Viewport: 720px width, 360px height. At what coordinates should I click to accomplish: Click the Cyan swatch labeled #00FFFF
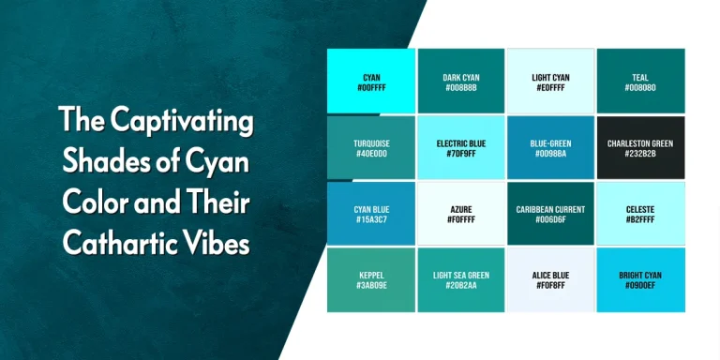click(370, 82)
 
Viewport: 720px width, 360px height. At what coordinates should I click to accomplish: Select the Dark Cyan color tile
click(460, 82)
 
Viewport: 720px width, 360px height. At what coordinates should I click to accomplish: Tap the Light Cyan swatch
click(550, 82)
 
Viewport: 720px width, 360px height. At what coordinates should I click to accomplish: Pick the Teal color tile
click(640, 82)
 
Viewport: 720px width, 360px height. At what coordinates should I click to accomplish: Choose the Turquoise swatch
click(370, 148)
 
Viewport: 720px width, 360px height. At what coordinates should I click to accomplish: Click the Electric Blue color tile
click(460, 148)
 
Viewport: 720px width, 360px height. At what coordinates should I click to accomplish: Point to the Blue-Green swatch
click(550, 148)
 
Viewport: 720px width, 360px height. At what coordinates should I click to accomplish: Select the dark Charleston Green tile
click(640, 148)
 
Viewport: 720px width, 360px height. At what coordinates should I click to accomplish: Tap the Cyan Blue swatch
click(370, 214)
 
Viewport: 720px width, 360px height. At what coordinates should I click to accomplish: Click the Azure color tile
click(460, 214)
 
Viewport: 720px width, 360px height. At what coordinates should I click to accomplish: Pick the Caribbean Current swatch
click(550, 214)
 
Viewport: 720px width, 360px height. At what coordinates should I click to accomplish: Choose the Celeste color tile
click(640, 214)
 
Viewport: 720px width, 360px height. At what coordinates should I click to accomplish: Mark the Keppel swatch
click(370, 279)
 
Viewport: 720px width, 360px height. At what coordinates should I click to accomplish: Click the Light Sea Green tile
click(460, 279)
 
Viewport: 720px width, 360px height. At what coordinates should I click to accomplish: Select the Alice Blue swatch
click(550, 279)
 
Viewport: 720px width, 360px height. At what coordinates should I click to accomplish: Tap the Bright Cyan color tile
click(640, 279)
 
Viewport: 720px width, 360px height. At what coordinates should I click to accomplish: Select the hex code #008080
click(640, 88)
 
